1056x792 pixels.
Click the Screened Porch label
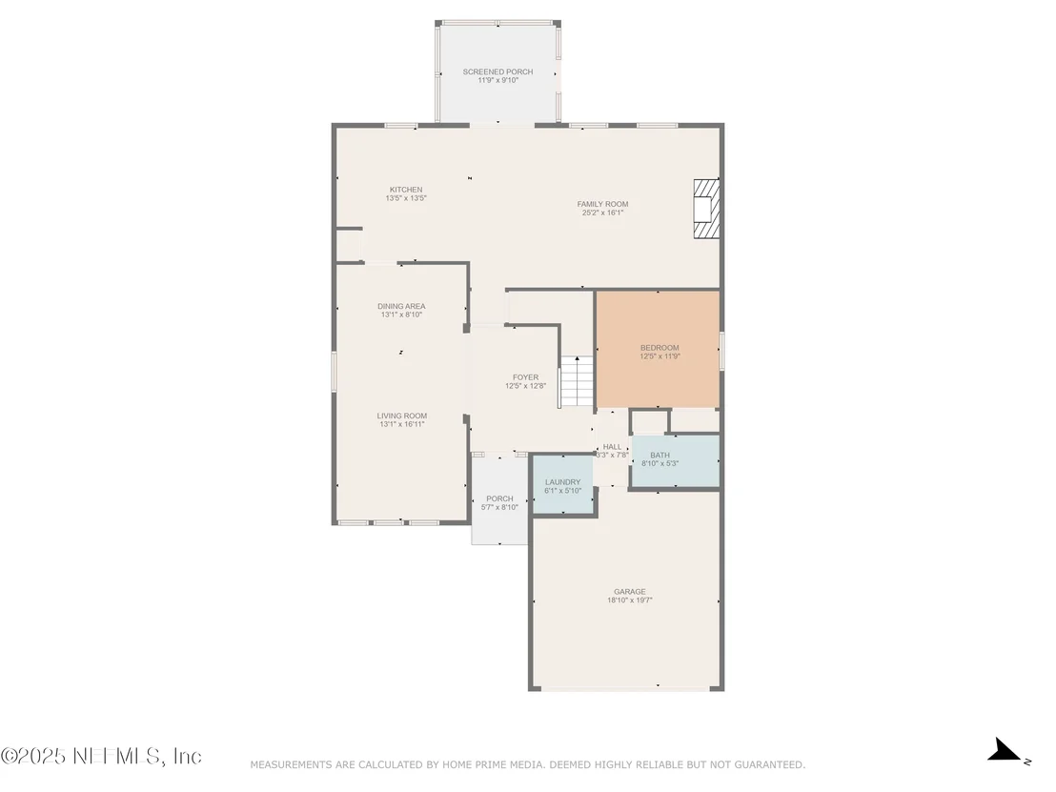coord(498,71)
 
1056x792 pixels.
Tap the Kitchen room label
coord(406,190)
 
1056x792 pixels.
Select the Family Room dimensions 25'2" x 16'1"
coord(602,213)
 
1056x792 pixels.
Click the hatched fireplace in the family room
coord(706,209)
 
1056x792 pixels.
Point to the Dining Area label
coord(401,307)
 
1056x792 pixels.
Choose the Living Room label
coord(402,416)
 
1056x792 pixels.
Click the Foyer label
coord(525,377)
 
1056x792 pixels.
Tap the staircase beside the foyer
coord(578,381)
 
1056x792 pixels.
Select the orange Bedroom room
coord(658,350)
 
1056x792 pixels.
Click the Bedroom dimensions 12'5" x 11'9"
coord(660,356)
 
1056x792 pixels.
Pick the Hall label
coord(612,446)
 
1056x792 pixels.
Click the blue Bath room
coord(676,460)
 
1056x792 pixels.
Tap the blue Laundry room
coord(562,484)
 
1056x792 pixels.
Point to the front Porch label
coord(499,499)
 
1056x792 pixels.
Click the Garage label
coord(630,592)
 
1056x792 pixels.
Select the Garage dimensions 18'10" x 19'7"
coord(630,600)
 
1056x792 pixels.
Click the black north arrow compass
coord(1006,750)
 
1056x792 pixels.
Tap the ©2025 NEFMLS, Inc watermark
coord(101,757)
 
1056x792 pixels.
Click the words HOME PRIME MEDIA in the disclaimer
coord(493,764)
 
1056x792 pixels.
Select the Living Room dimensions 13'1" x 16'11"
coord(402,424)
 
